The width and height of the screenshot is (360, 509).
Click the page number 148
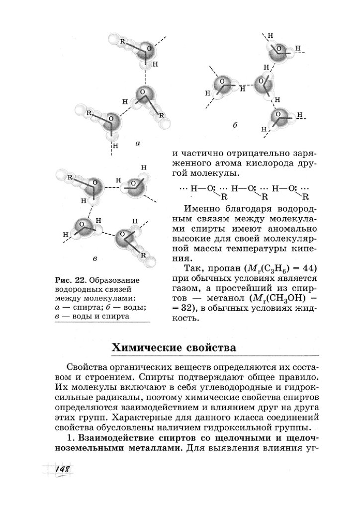coord(62,470)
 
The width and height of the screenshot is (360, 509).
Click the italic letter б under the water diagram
coord(234,126)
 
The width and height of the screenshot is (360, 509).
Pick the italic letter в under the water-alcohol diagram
coord(94,259)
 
